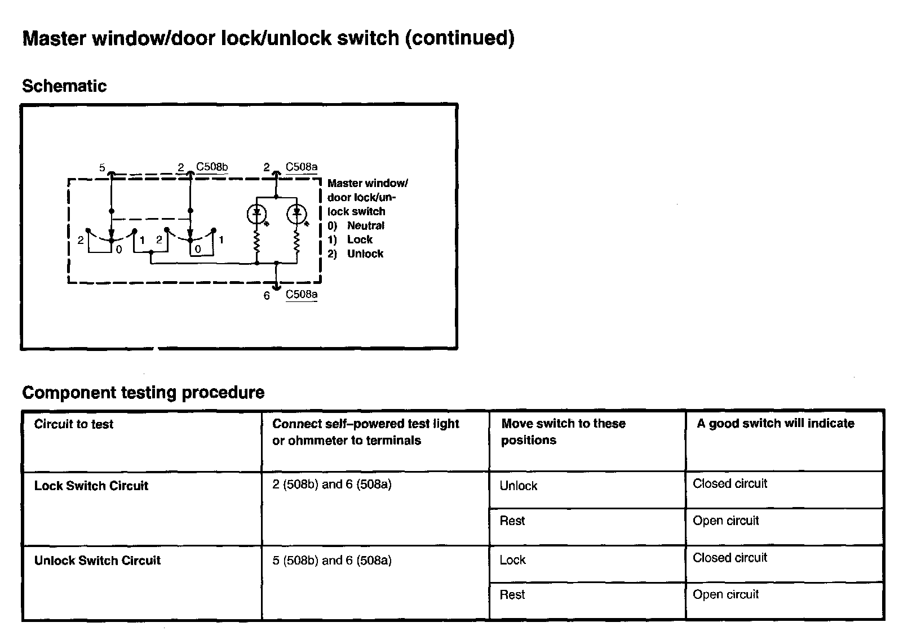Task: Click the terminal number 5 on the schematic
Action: point(102,167)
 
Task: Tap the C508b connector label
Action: point(212,167)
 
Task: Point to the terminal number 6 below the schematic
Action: point(267,296)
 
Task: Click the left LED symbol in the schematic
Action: point(257,214)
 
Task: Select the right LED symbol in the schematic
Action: point(296,214)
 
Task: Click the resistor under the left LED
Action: point(257,243)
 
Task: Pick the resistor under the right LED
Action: point(296,243)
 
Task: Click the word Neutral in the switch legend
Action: point(365,225)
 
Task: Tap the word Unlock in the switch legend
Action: point(365,254)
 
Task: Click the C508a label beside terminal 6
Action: point(302,294)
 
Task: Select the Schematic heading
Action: point(64,86)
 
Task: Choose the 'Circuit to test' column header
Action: point(74,424)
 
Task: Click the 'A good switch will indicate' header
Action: point(775,424)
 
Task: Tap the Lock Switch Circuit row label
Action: point(91,486)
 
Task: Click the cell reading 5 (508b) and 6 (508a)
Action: point(331,560)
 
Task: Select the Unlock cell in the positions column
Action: point(519,486)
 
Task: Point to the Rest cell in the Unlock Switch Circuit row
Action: point(512,594)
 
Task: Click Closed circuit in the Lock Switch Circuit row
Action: point(730,483)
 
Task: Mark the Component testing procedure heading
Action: point(143,393)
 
